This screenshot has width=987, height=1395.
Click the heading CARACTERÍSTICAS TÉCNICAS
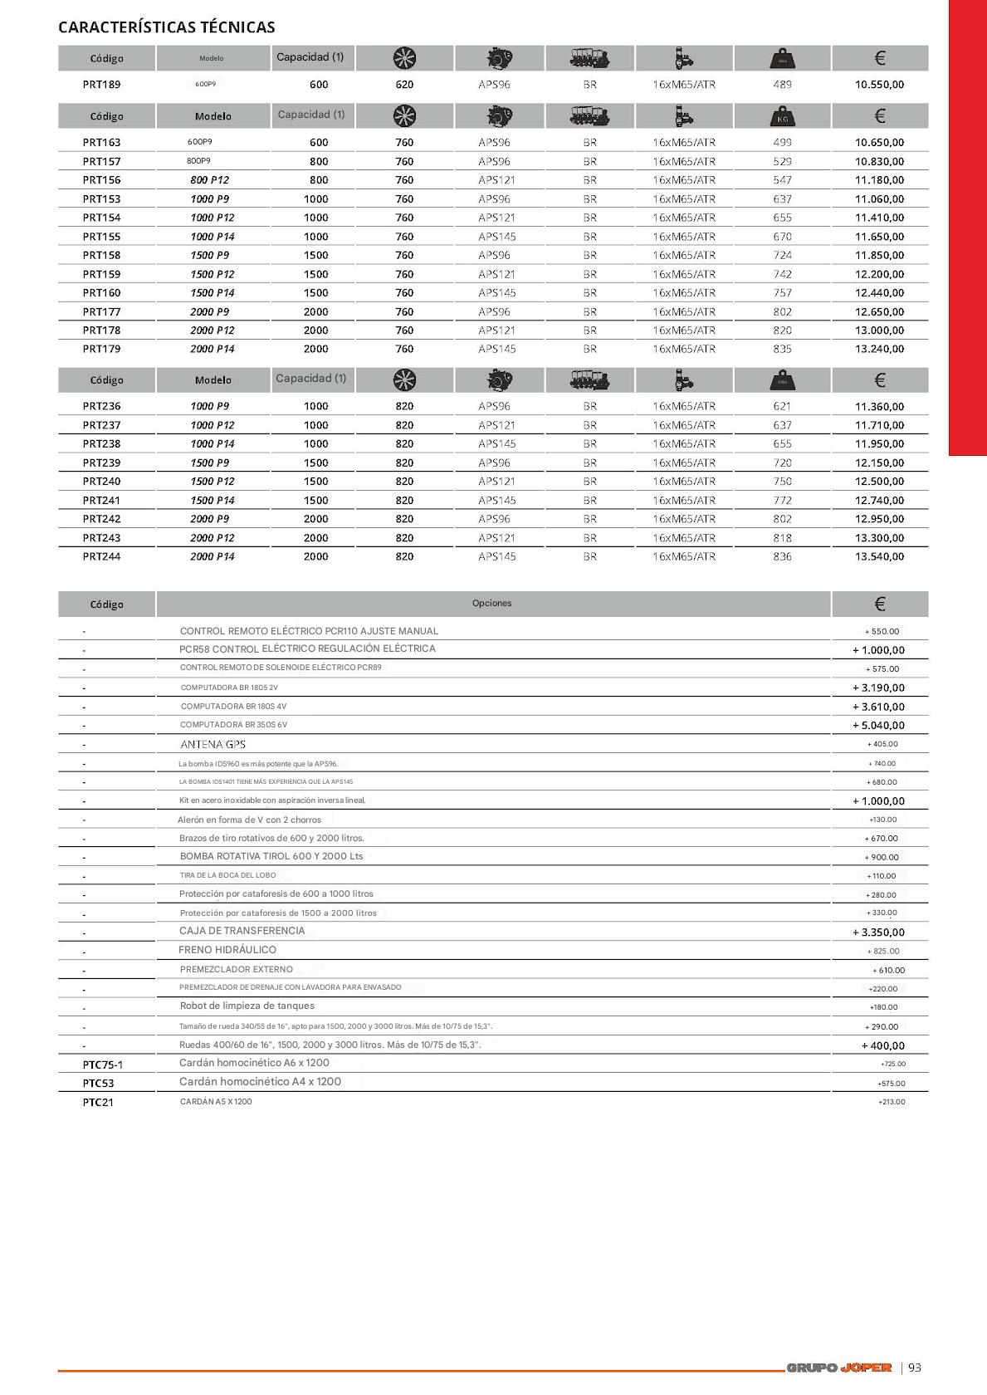click(166, 27)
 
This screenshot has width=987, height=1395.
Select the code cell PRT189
click(101, 85)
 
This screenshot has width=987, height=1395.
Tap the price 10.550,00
click(879, 85)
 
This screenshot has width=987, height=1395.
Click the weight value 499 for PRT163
click(782, 143)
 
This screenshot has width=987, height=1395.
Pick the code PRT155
click(101, 237)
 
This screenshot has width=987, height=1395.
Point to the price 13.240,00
click(879, 350)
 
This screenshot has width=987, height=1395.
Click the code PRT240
click(101, 482)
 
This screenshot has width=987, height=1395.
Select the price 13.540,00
click(879, 557)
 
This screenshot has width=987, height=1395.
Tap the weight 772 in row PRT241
click(782, 501)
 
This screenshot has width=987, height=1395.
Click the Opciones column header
click(492, 604)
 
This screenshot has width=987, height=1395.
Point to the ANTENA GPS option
click(213, 745)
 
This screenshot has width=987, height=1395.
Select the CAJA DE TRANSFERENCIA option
click(242, 932)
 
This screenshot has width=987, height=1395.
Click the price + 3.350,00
click(878, 932)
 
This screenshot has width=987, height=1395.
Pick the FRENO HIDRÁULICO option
click(227, 950)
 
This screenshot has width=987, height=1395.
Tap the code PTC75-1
click(102, 1065)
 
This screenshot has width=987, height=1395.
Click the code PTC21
click(98, 1103)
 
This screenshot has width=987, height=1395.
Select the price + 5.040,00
click(878, 726)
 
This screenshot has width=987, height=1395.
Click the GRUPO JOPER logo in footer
click(838, 1368)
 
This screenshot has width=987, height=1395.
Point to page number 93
click(915, 1368)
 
